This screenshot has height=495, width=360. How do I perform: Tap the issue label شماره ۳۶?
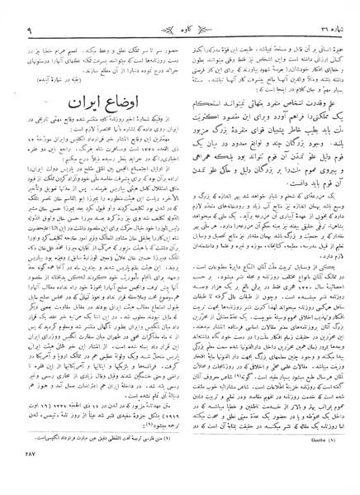tap(324, 12)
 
